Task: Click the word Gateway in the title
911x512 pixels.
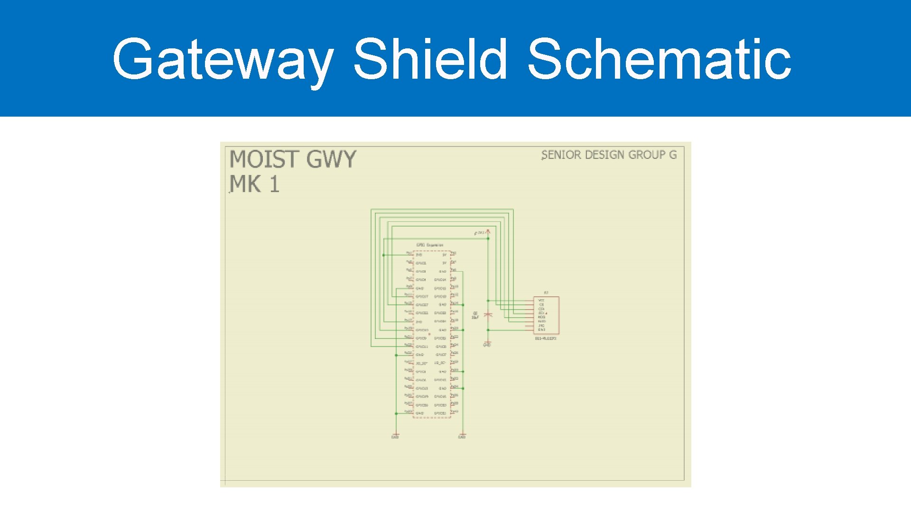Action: (x=223, y=59)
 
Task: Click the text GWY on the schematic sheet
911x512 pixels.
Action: (x=331, y=159)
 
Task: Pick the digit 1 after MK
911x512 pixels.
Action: (x=274, y=184)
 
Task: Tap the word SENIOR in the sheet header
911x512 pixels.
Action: (x=561, y=155)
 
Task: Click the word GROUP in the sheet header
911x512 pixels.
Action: (x=648, y=155)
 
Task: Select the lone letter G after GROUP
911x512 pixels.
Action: (x=673, y=155)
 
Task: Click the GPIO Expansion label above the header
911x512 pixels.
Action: (x=430, y=245)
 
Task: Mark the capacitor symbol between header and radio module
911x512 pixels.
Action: (x=488, y=314)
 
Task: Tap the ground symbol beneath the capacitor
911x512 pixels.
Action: (x=487, y=343)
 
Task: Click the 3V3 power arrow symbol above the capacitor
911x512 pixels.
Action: (x=488, y=232)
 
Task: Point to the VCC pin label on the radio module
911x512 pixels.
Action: (x=541, y=301)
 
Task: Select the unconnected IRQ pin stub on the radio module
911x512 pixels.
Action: (x=529, y=326)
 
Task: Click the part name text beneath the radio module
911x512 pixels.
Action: (x=546, y=338)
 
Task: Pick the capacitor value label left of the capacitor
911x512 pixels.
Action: (x=475, y=315)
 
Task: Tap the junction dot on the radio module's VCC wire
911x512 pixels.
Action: (x=488, y=301)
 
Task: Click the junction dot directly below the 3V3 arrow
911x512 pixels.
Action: (x=488, y=238)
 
